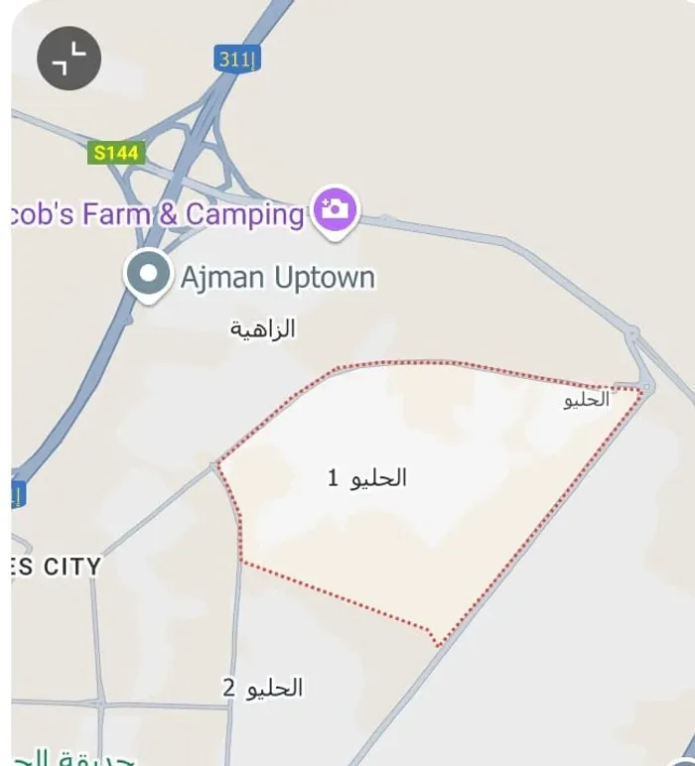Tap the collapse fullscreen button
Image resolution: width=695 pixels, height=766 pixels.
coord(69,59)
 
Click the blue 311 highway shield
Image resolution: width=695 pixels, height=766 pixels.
coord(235,60)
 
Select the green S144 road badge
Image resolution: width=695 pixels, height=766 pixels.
coord(115,153)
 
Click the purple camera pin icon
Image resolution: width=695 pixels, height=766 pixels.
coord(336,209)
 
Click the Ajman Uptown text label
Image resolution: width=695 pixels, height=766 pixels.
coord(277,277)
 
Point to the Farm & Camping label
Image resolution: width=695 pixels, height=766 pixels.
coord(159,214)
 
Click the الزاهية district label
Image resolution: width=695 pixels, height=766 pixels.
coord(263,328)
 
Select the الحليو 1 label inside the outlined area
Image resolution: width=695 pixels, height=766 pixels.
coord(367,478)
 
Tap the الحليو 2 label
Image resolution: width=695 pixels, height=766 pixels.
coord(262,688)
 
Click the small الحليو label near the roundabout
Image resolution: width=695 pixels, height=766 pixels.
coord(585,400)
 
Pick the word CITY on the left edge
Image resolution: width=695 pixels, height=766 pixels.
coord(70,567)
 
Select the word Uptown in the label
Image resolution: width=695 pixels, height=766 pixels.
coord(325,277)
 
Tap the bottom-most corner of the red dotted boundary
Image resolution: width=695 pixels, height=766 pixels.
coord(437,646)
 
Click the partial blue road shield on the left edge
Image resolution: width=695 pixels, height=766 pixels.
coord(18,494)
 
